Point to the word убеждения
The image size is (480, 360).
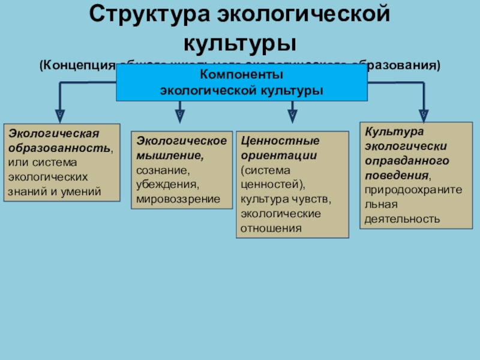[x=166, y=184]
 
